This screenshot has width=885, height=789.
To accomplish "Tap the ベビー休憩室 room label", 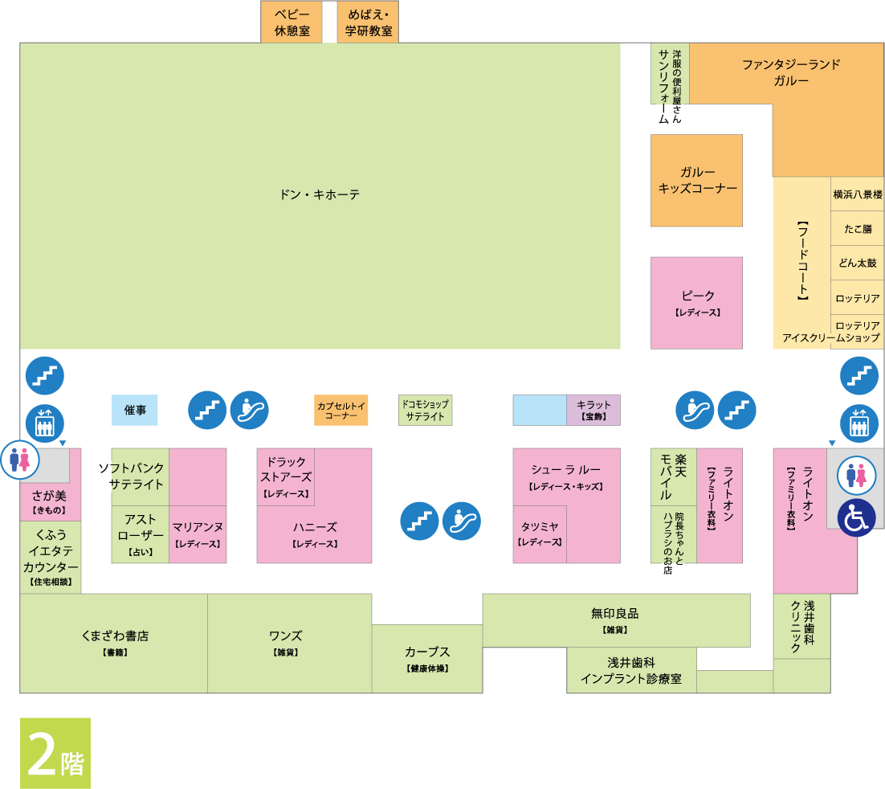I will tap(292, 22).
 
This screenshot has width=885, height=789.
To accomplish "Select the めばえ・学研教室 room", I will tap(368, 22).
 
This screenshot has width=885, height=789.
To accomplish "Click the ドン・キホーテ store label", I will tap(320, 195).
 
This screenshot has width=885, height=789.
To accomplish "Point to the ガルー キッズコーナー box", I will tap(696, 180).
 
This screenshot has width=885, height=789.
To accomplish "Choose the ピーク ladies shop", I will tap(696, 302).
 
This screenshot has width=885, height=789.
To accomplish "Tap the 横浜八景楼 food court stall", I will tap(857, 194).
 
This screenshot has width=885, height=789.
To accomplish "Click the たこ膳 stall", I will tap(857, 229).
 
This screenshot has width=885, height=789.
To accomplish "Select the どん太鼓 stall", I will tap(857, 263).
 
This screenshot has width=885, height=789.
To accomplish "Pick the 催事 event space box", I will tap(134, 410).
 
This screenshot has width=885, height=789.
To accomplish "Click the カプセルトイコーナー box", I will tap(341, 410).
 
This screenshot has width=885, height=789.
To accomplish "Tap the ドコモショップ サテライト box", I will tap(425, 410).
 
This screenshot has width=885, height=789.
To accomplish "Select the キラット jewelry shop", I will tap(593, 410).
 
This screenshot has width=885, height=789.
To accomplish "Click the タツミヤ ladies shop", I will tap(540, 533).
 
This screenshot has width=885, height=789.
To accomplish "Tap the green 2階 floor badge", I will tap(55, 753).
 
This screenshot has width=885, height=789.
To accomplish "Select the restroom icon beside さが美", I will tap(20, 460).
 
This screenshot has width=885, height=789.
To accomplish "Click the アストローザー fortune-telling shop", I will tap(141, 534).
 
